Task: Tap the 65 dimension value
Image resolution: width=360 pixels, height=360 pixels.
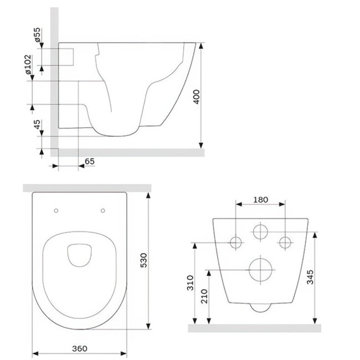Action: [x=89, y=161]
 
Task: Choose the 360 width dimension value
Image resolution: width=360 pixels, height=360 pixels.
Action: [x=80, y=348]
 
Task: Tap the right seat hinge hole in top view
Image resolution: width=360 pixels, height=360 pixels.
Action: [x=104, y=210]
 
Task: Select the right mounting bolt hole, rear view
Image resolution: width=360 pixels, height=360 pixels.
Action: [x=285, y=242]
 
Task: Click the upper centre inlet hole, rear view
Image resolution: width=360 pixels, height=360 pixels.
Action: [x=260, y=231]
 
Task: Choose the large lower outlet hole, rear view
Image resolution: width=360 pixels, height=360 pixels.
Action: [x=260, y=270]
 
